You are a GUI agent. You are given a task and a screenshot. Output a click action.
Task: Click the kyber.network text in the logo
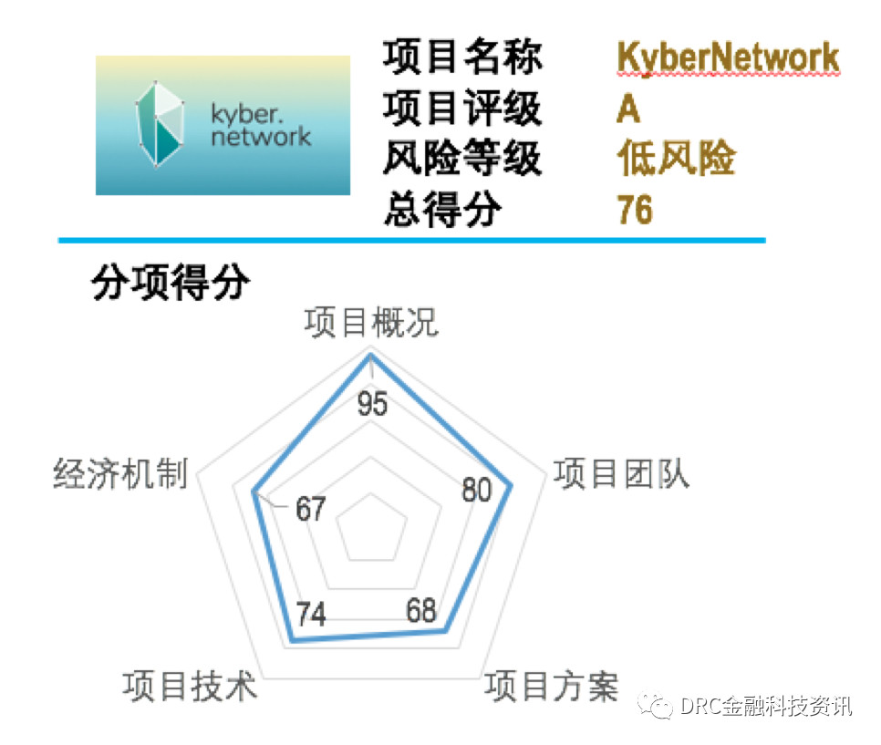coord(261,125)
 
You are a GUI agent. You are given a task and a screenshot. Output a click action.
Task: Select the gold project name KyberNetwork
coord(728,57)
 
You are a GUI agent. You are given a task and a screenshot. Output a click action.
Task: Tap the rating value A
coord(628,109)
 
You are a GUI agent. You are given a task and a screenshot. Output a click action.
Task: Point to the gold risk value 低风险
coord(677,158)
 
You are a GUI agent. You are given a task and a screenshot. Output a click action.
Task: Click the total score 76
coord(635,209)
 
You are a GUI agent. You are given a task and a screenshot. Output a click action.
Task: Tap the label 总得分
coord(442,209)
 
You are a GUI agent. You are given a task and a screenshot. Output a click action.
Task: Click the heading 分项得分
coord(171,282)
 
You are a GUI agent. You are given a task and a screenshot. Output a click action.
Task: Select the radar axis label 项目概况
coord(371,322)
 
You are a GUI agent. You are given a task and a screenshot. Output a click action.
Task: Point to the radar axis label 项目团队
coord(621,473)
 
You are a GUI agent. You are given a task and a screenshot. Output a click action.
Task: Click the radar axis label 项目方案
coord(552,686)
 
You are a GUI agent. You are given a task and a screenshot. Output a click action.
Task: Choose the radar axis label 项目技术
coord(190,686)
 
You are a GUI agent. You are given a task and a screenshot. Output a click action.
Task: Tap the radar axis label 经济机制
coord(120,473)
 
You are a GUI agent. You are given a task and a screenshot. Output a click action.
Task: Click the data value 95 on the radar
coord(372,403)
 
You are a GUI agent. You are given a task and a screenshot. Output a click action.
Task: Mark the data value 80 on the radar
coord(477,490)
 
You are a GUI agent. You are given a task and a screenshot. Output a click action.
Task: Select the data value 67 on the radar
coord(311,509)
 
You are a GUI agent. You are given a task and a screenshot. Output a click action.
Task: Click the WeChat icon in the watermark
coord(655,706)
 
